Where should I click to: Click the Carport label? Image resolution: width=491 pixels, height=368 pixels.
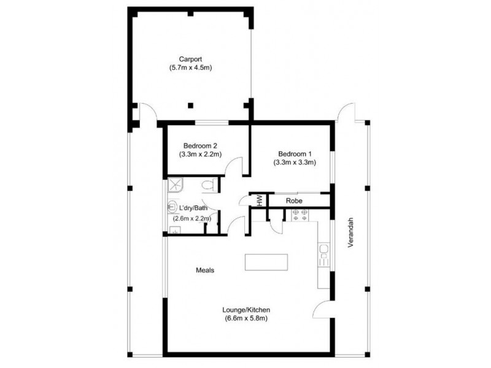(190, 59)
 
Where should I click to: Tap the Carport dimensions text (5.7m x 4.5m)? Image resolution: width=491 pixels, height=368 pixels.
(190, 68)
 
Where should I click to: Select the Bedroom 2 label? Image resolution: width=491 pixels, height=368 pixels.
(198, 146)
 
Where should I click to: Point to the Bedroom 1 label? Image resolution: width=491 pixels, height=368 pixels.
(295, 153)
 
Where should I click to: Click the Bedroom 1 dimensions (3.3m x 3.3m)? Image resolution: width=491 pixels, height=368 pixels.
(295, 163)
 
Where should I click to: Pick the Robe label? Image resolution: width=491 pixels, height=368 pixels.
(293, 200)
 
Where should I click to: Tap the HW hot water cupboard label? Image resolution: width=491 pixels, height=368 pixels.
(260, 201)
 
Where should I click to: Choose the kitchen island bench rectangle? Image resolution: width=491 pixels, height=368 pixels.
(267, 262)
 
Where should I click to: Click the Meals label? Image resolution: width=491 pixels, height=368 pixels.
(205, 270)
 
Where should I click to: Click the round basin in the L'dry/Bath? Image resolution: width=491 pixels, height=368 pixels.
(172, 207)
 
